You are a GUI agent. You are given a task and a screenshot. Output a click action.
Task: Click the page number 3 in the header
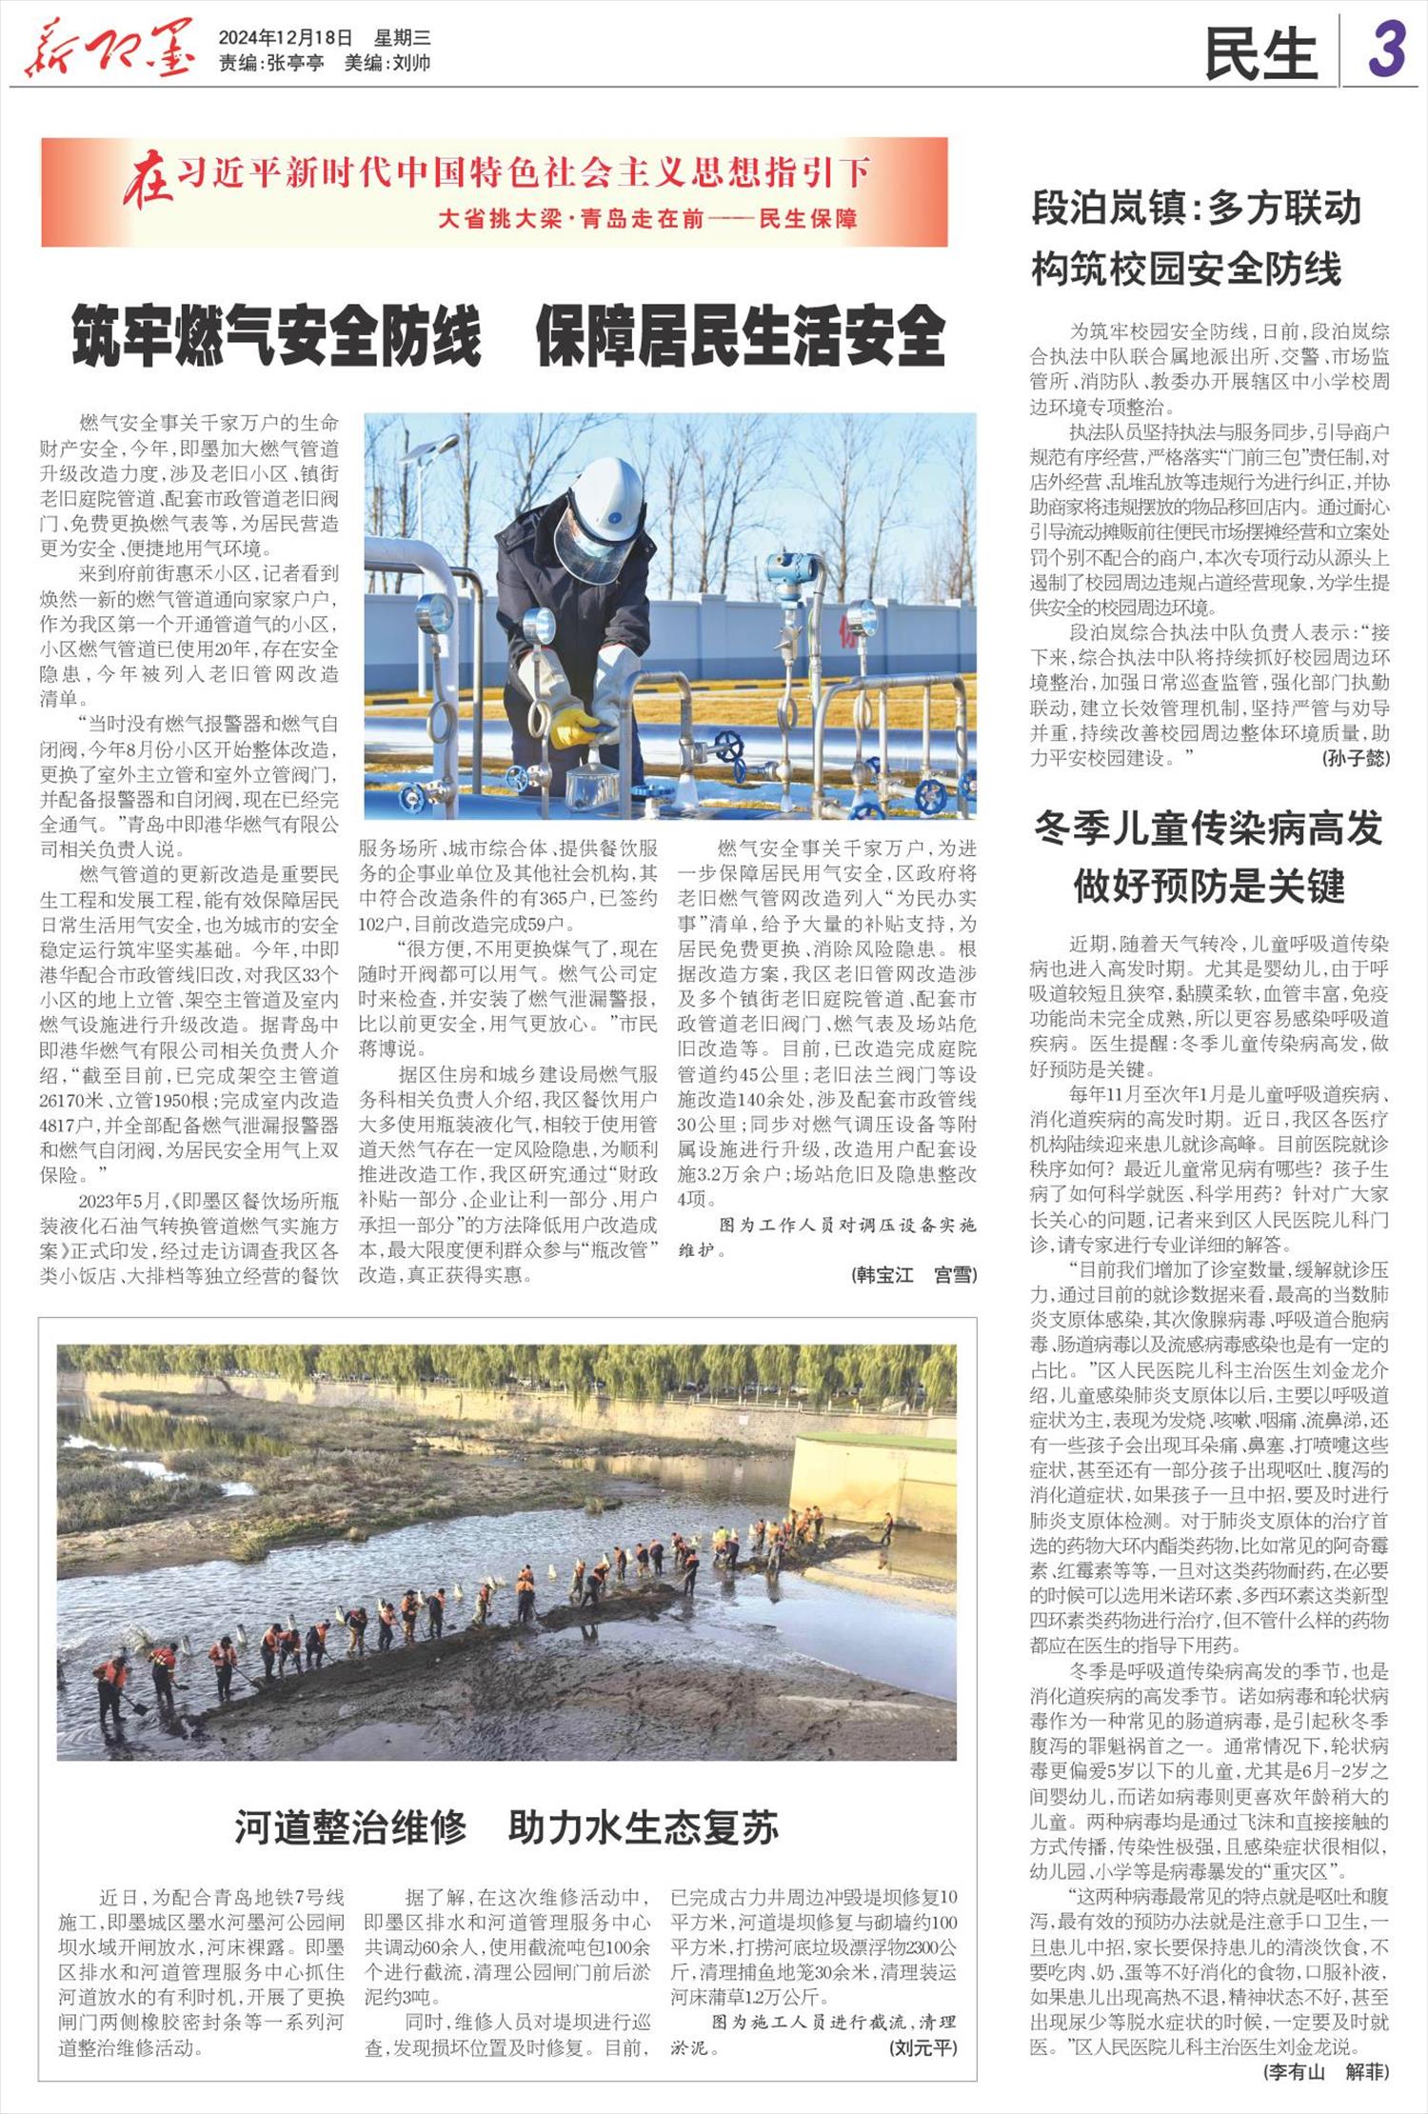coord(1387,50)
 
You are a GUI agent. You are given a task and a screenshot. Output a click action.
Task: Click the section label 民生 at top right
coord(1260,53)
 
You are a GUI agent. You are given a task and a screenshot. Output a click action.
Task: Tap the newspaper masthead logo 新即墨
coord(109,50)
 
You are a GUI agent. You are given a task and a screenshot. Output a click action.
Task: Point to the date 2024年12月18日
coord(285,38)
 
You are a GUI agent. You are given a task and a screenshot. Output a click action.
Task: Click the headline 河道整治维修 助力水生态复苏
coord(506,1826)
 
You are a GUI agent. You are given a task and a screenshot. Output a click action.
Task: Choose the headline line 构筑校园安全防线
coord(1186,269)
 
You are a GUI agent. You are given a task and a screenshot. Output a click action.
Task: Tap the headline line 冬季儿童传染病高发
coord(1208,828)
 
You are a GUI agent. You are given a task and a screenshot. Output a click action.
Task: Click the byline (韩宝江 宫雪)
coord(914,1275)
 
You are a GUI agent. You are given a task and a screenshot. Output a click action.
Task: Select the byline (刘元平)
coord(922,2046)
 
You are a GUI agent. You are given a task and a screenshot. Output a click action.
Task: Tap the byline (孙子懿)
coord(1356,758)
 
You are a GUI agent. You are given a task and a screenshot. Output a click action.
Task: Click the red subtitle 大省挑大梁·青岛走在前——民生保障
coord(647,219)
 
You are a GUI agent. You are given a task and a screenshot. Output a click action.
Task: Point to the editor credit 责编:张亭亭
coord(271,63)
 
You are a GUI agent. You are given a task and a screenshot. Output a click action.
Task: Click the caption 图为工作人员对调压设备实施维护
coord(826,1237)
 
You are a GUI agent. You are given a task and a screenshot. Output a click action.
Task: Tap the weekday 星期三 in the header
coord(402,38)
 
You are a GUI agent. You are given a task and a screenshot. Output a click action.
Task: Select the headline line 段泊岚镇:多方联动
coord(1197,209)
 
